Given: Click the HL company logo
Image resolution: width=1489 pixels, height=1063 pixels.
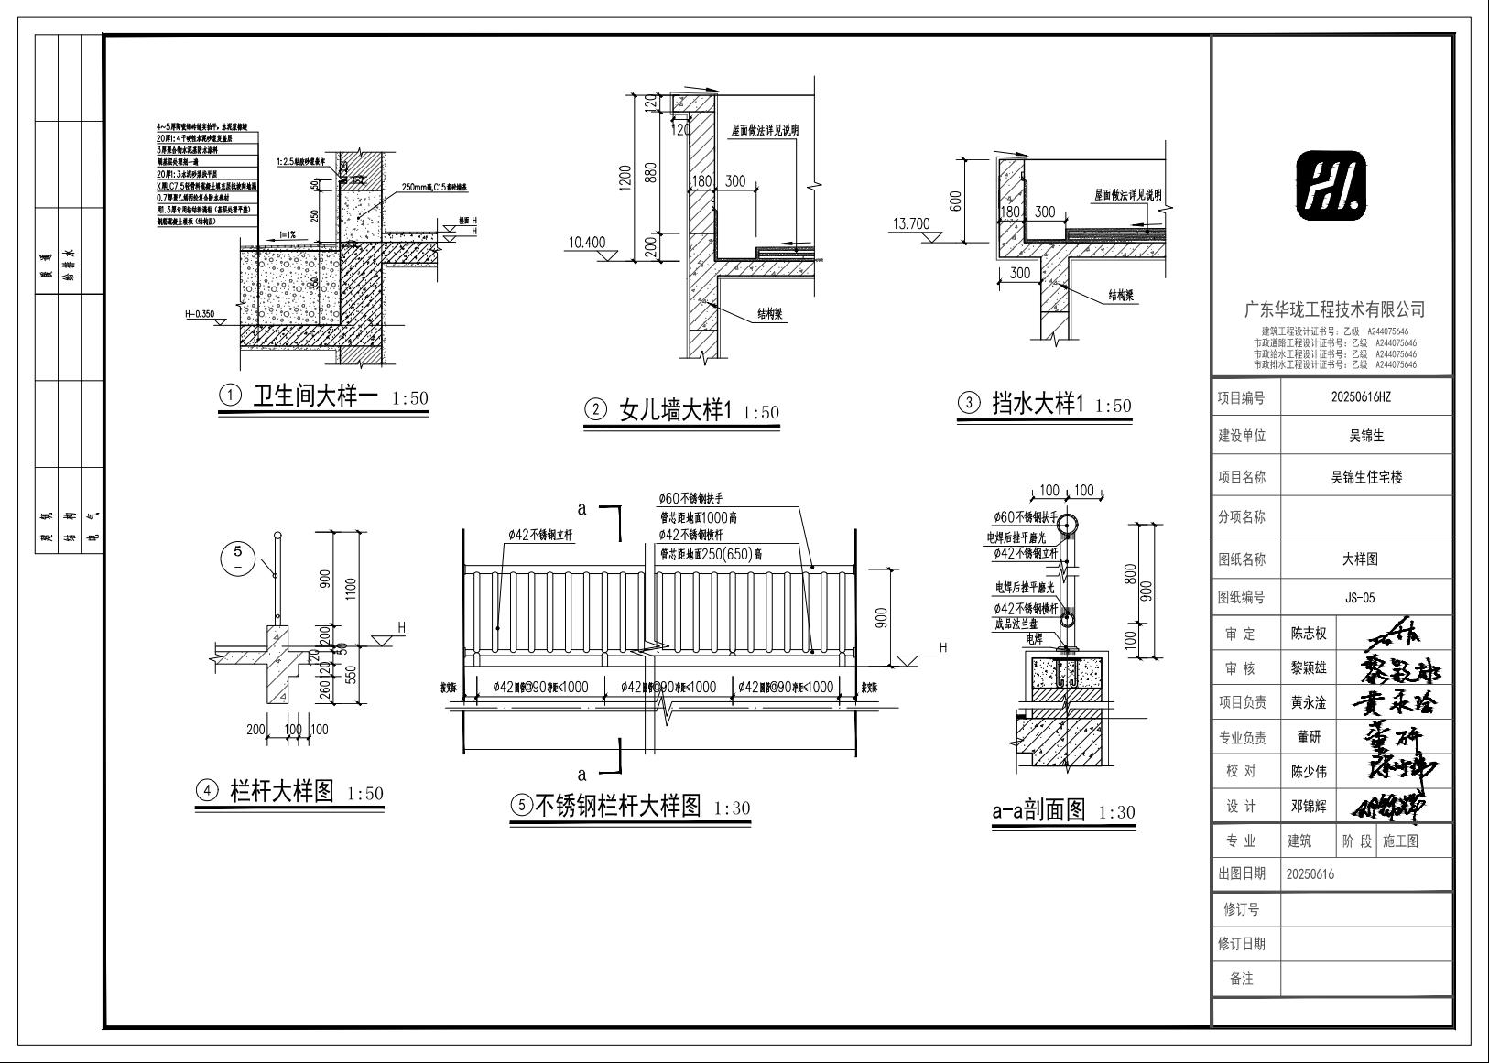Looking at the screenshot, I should (1331, 187).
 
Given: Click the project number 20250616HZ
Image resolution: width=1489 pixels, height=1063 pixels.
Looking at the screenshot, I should (1365, 397).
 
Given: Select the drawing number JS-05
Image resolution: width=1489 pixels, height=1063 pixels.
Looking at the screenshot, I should (1360, 598).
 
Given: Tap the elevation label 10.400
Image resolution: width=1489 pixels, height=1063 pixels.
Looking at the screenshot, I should (587, 243).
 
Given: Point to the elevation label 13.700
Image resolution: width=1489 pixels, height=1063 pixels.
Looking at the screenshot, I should (910, 223).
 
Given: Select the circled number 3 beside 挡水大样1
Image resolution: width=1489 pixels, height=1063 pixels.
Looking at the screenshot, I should (968, 403).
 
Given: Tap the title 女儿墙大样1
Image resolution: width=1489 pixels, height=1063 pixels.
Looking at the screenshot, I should (677, 410).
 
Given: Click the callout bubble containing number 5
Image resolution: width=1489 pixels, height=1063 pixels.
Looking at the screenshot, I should (238, 558).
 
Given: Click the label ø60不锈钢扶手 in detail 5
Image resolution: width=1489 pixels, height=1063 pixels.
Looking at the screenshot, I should (691, 498).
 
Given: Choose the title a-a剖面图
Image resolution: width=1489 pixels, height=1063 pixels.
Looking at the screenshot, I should (1038, 810).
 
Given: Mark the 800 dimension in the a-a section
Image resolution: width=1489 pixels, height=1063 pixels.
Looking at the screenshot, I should (1130, 574).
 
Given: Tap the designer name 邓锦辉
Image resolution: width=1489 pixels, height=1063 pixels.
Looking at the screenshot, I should (1309, 807).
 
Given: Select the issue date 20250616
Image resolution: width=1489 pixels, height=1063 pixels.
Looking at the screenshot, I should (1310, 873).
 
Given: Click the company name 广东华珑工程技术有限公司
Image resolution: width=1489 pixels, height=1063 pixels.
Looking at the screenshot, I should (1333, 309).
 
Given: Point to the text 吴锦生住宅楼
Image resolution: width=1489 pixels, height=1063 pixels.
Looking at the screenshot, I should (1365, 477).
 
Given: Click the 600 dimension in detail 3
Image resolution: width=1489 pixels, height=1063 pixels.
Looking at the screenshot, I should (956, 201).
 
